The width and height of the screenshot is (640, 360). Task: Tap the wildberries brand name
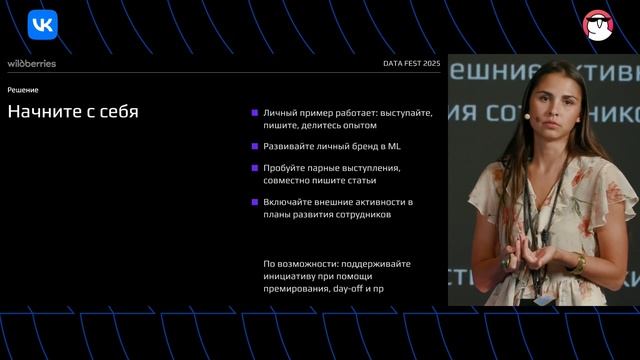[x=32, y=63]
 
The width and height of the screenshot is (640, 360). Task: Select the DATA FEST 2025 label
[x=411, y=64]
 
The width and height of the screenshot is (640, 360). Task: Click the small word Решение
[x=23, y=90]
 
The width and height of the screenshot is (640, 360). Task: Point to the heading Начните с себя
[x=73, y=112]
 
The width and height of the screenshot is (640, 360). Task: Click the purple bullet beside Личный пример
[x=255, y=113]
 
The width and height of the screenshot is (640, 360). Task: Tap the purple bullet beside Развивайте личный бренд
[x=255, y=147]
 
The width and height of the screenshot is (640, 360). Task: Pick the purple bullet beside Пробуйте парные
[x=255, y=168]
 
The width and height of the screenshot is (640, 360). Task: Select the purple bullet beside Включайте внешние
[x=255, y=202]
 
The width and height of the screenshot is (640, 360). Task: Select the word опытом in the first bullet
[x=357, y=125]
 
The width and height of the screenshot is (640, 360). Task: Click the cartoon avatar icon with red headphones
[x=598, y=24]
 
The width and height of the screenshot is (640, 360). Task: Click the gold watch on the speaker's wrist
[x=579, y=262]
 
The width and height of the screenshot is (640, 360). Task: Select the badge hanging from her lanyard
[x=543, y=299]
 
